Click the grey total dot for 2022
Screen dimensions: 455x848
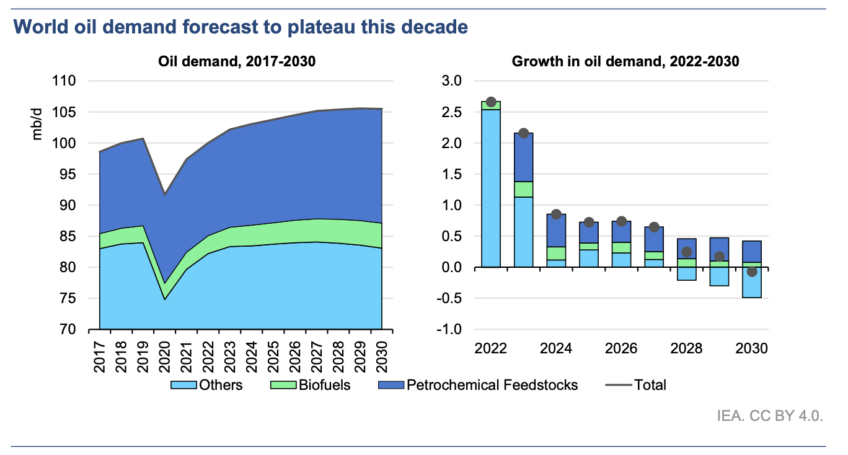click(491, 102)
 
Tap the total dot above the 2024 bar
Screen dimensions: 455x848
click(556, 214)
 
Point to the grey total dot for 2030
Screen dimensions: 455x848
click(752, 272)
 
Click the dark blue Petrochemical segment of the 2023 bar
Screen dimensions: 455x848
click(523, 157)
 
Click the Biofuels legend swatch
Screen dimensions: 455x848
click(285, 385)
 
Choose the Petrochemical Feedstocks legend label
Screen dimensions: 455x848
click(492, 385)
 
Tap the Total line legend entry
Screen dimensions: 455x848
click(635, 385)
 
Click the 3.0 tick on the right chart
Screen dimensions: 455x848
click(451, 81)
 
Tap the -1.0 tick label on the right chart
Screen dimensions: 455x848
click(449, 329)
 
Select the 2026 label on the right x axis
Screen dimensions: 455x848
click(621, 348)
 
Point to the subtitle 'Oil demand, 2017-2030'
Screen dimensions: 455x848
click(236, 61)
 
